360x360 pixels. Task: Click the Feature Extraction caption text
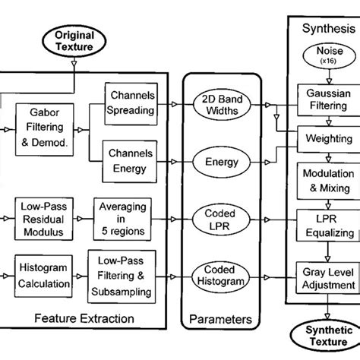pos(84,318)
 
